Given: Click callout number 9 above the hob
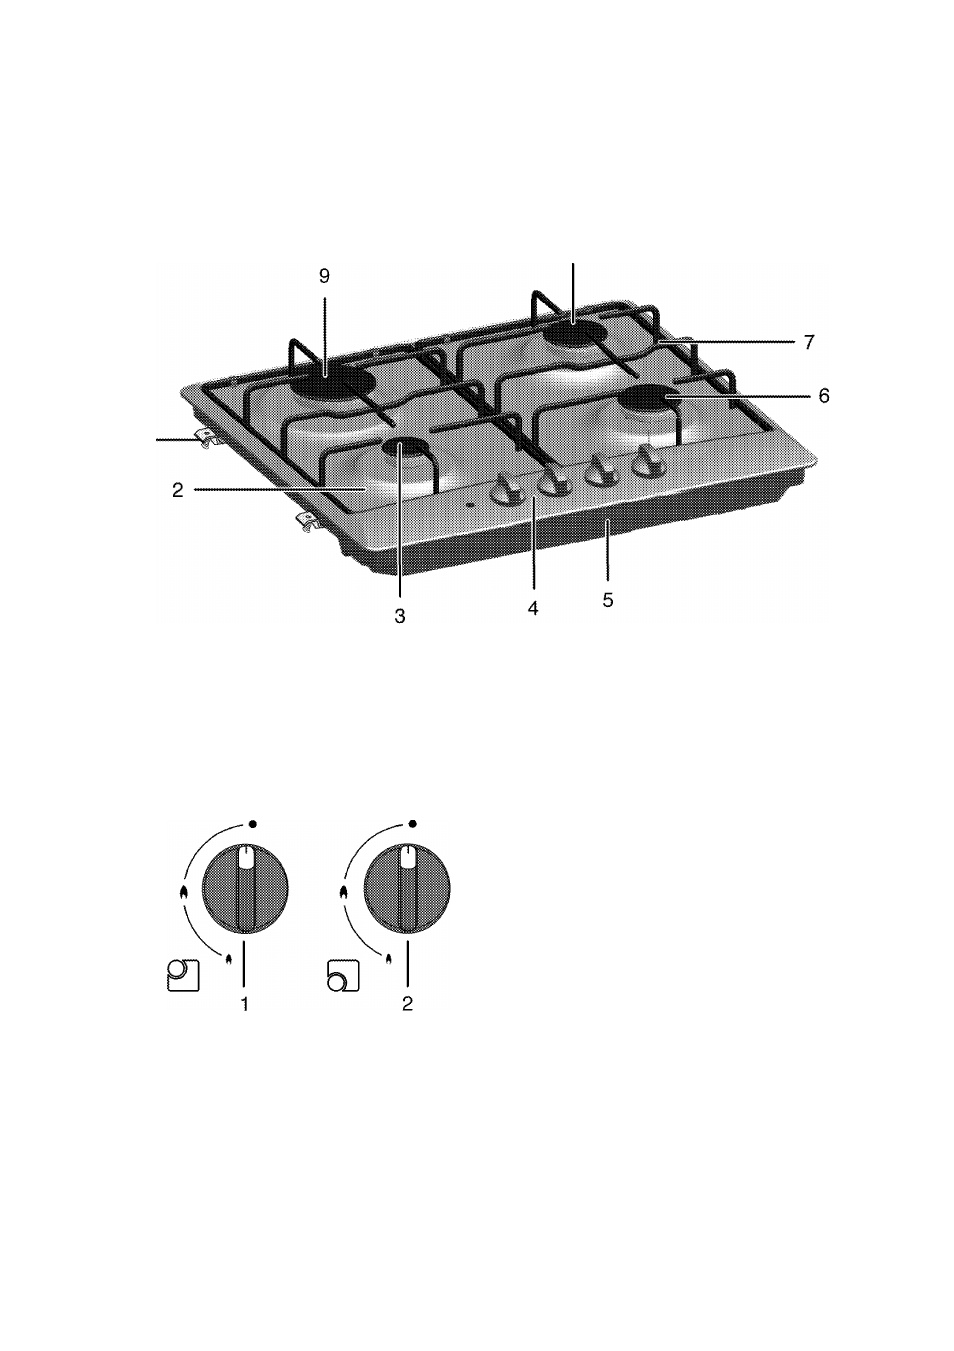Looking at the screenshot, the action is pos(324,276).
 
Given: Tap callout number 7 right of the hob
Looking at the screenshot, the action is pos(809,342).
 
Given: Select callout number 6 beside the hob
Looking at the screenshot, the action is pos(824,396).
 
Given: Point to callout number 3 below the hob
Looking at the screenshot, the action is pos(400,616).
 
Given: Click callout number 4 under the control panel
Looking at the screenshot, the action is pos(533,608).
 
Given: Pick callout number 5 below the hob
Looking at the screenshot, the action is pos(608,600).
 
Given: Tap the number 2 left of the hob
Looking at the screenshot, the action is pos(177,490).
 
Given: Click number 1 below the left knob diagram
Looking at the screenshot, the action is pos(245,1004).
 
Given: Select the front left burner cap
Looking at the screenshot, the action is pos(404,448).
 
